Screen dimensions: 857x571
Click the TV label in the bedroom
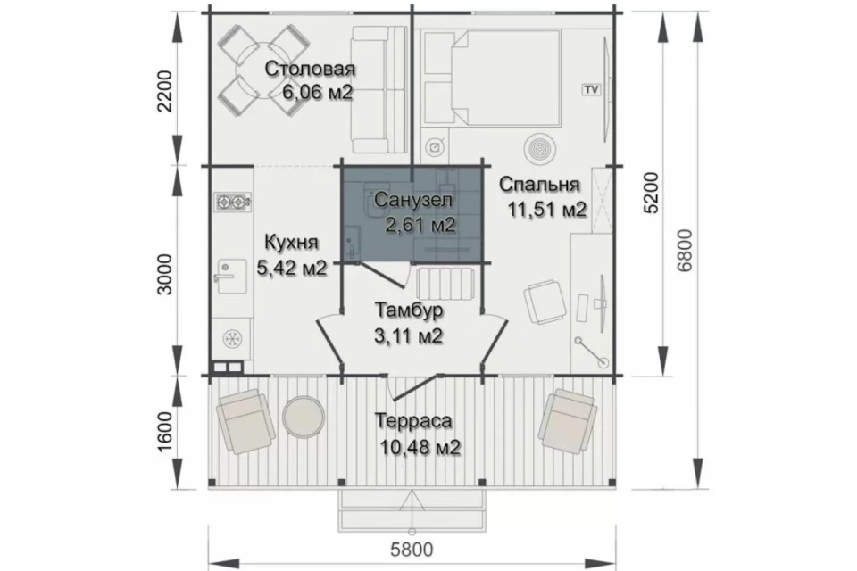(591, 89)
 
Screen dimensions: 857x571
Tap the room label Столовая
(310, 69)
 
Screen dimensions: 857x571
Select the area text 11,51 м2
(546, 209)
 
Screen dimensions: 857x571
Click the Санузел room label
(413, 200)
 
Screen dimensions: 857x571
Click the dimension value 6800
(684, 250)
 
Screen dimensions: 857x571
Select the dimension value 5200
(652, 193)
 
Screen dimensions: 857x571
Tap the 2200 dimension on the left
(164, 91)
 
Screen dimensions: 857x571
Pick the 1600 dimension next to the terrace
(164, 432)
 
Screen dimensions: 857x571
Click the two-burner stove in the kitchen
(233, 203)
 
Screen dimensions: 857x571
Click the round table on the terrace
(304, 417)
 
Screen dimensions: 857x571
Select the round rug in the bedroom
(540, 147)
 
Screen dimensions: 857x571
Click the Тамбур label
(409, 310)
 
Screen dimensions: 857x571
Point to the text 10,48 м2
(420, 447)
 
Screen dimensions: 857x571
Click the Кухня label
(291, 242)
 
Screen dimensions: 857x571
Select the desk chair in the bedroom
(544, 301)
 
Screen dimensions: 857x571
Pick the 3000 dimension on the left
(164, 274)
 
